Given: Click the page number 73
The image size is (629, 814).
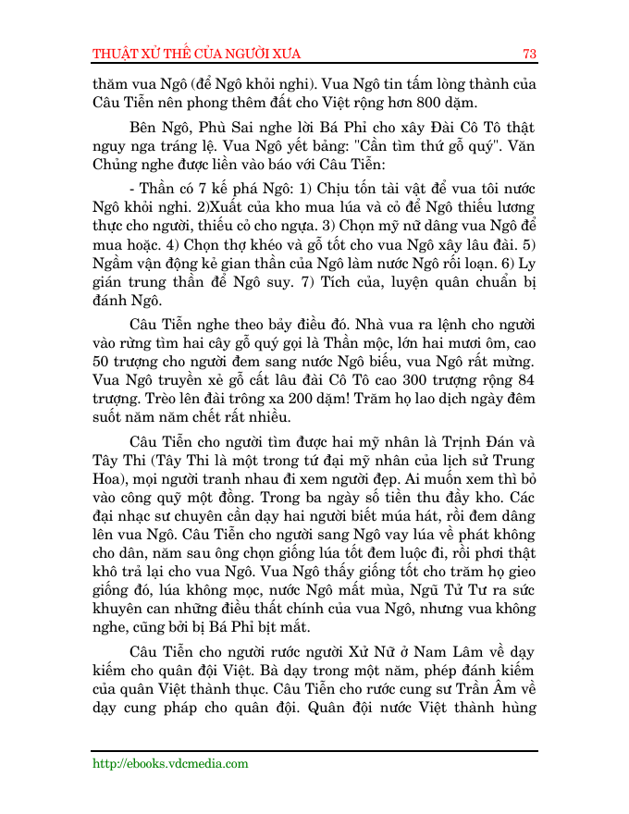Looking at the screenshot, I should pyautogui.click(x=529, y=53).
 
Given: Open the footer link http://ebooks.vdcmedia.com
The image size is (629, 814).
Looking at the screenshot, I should pyautogui.click(x=170, y=763).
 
